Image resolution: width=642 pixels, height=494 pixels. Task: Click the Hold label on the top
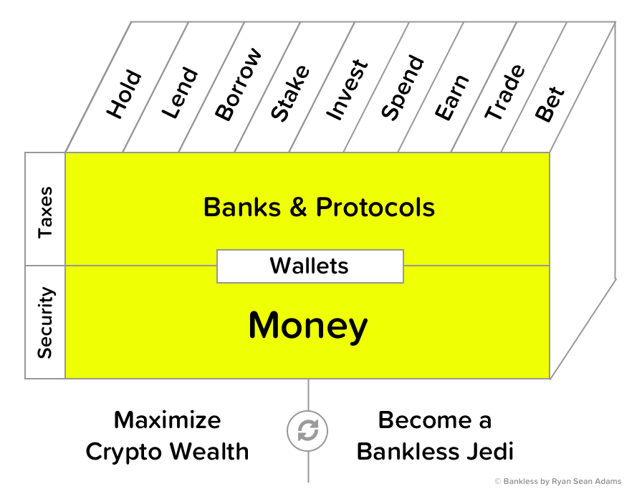[124, 94]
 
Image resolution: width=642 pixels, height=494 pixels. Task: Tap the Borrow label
[237, 84]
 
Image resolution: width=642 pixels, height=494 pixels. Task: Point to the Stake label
[290, 92]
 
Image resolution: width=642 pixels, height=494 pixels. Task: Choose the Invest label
[347, 89]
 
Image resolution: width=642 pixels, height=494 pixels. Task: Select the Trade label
[504, 92]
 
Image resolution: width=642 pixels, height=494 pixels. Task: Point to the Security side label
[45, 322]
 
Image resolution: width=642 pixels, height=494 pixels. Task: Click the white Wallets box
[310, 266]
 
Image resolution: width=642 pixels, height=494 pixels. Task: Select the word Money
[308, 326]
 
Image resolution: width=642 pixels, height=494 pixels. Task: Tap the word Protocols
[375, 208]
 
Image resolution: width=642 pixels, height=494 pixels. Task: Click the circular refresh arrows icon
[308, 431]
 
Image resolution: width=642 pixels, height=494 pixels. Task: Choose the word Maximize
[168, 420]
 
